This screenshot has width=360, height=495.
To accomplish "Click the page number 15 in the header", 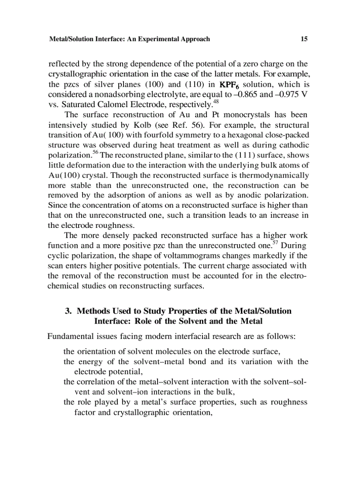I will (x=304, y=39).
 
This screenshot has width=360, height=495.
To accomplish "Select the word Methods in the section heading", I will (x=93, y=311).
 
